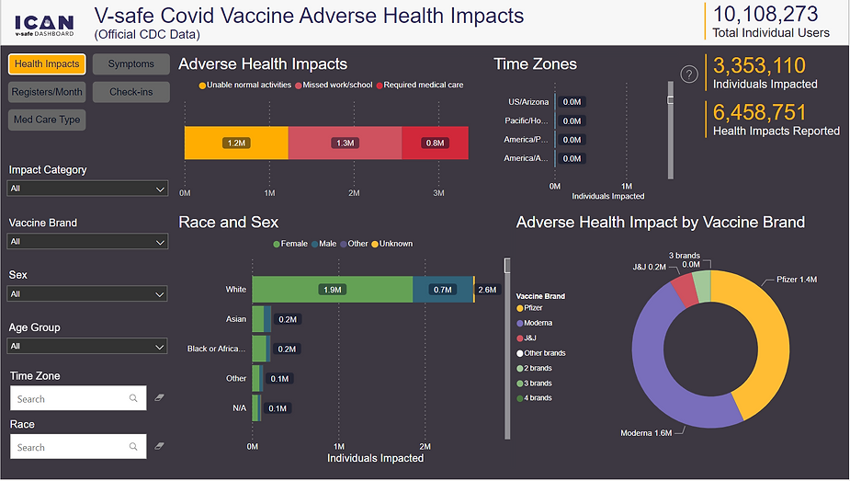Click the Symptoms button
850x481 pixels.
pos(130,64)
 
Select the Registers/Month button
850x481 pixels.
pos(47,92)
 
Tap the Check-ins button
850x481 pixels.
pos(130,92)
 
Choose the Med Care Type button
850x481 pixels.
pos(47,120)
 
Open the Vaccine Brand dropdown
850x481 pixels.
pos(88,242)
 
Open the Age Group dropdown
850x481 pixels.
pos(88,347)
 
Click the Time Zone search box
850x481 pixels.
pos(78,399)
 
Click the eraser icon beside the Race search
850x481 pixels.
pos(159,446)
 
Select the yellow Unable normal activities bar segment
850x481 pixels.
pos(236,143)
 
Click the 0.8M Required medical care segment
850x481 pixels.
pos(435,143)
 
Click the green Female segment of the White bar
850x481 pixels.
pos(333,290)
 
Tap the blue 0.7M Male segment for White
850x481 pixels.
pos(443,290)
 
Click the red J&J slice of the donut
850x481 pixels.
pos(684,289)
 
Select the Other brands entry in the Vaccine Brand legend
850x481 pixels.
pos(544,353)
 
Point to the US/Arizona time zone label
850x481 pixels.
pos(527,102)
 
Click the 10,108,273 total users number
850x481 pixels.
pos(765,14)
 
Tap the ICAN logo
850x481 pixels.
pos(45,22)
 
